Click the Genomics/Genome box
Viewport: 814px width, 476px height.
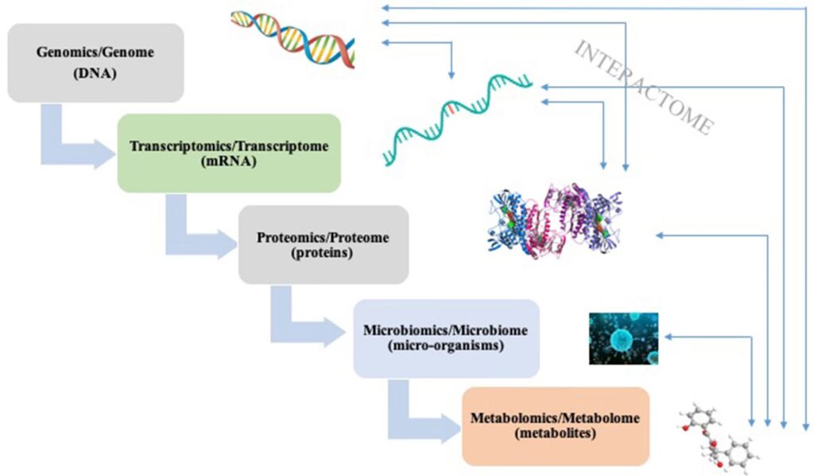[95, 62]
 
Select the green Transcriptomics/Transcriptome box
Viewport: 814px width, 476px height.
[229, 153]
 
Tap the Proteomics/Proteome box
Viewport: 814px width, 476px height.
[324, 244]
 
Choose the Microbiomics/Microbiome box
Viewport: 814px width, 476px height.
[446, 337]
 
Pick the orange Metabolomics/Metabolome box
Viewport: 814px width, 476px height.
[555, 425]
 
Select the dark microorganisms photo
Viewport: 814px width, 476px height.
[623, 338]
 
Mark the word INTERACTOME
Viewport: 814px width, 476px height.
[644, 88]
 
